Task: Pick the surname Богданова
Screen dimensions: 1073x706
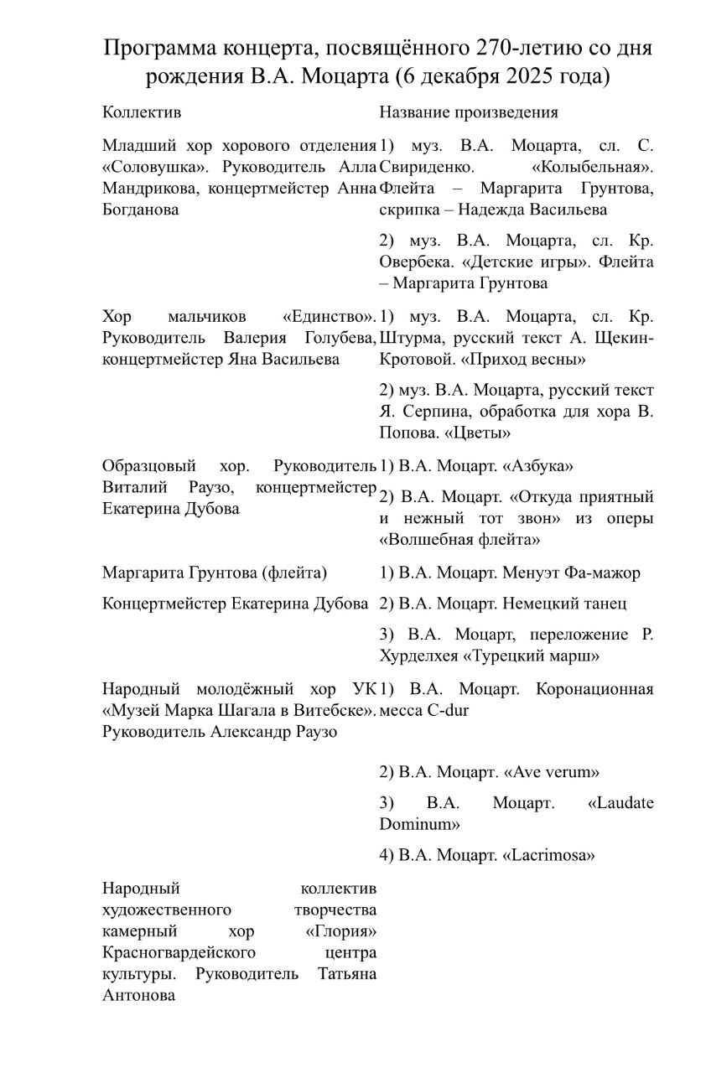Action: click(140, 210)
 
